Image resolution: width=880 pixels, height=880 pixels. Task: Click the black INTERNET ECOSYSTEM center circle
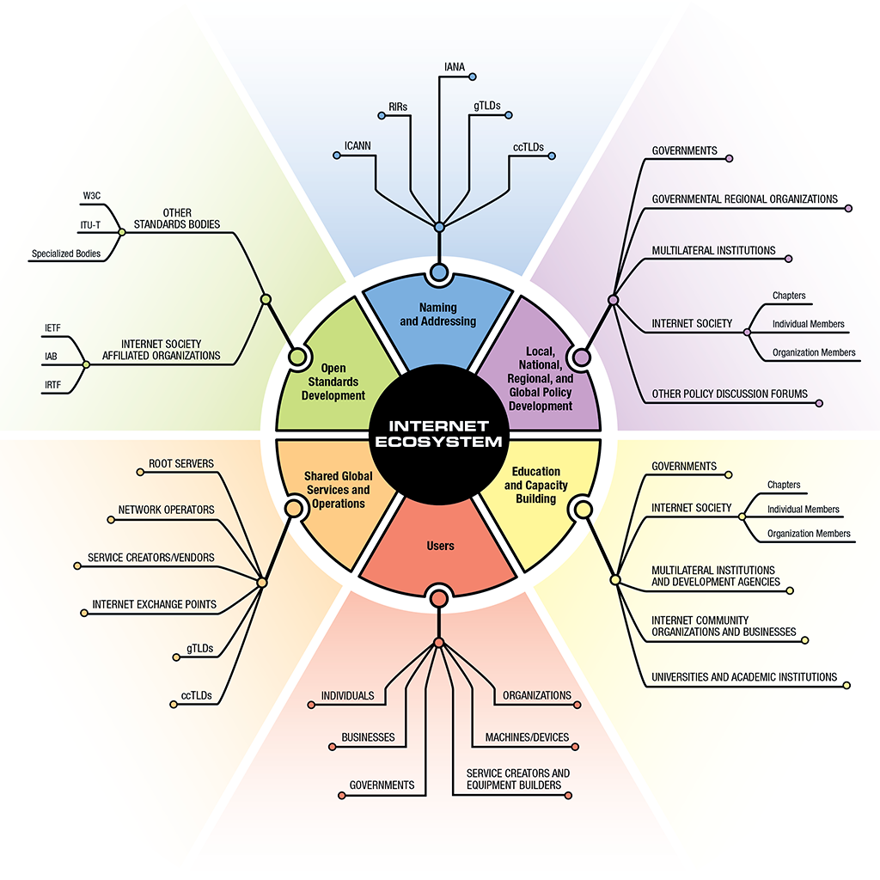click(439, 432)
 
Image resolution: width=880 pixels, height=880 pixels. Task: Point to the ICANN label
click(357, 145)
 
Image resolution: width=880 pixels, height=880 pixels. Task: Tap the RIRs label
click(398, 106)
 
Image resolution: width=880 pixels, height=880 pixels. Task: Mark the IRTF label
click(52, 386)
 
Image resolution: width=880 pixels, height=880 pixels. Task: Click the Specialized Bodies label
click(66, 254)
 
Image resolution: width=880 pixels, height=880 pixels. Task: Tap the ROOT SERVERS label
click(181, 463)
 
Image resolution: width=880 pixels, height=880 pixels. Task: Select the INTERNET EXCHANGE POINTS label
click(155, 604)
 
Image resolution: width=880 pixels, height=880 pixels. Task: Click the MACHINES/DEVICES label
click(527, 737)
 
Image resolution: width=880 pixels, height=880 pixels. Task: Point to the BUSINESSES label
click(368, 737)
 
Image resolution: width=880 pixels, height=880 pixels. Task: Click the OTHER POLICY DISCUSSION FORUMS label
click(730, 394)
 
